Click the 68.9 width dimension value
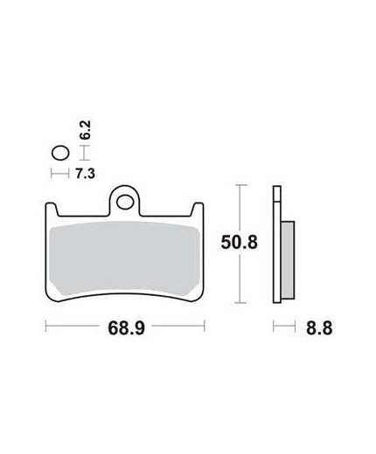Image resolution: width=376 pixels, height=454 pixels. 126,328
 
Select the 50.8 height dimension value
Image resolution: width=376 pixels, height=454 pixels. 239,243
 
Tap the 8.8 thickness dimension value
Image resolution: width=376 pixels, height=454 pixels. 319,328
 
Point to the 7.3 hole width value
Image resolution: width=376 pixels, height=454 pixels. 85,174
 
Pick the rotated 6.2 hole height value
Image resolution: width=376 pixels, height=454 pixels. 86,130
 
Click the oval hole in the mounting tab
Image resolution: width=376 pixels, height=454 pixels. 125,202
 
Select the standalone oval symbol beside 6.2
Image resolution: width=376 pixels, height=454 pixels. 60,153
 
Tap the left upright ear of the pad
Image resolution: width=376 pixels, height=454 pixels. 52,210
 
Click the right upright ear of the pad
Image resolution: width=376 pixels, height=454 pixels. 198,210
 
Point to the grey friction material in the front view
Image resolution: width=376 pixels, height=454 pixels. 125,258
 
